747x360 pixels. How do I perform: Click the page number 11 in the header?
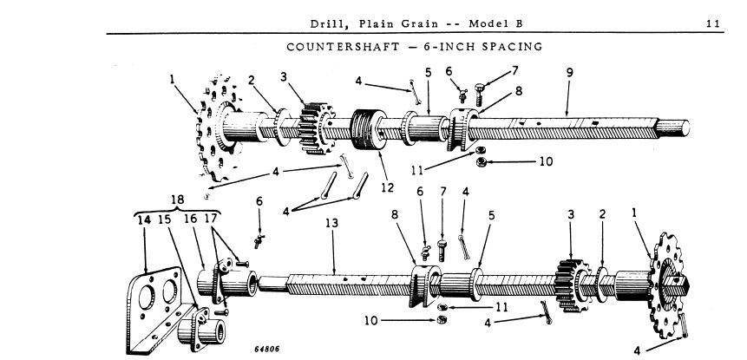(713, 23)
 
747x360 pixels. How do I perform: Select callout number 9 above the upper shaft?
(569, 73)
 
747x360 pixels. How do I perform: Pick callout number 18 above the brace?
(178, 200)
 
